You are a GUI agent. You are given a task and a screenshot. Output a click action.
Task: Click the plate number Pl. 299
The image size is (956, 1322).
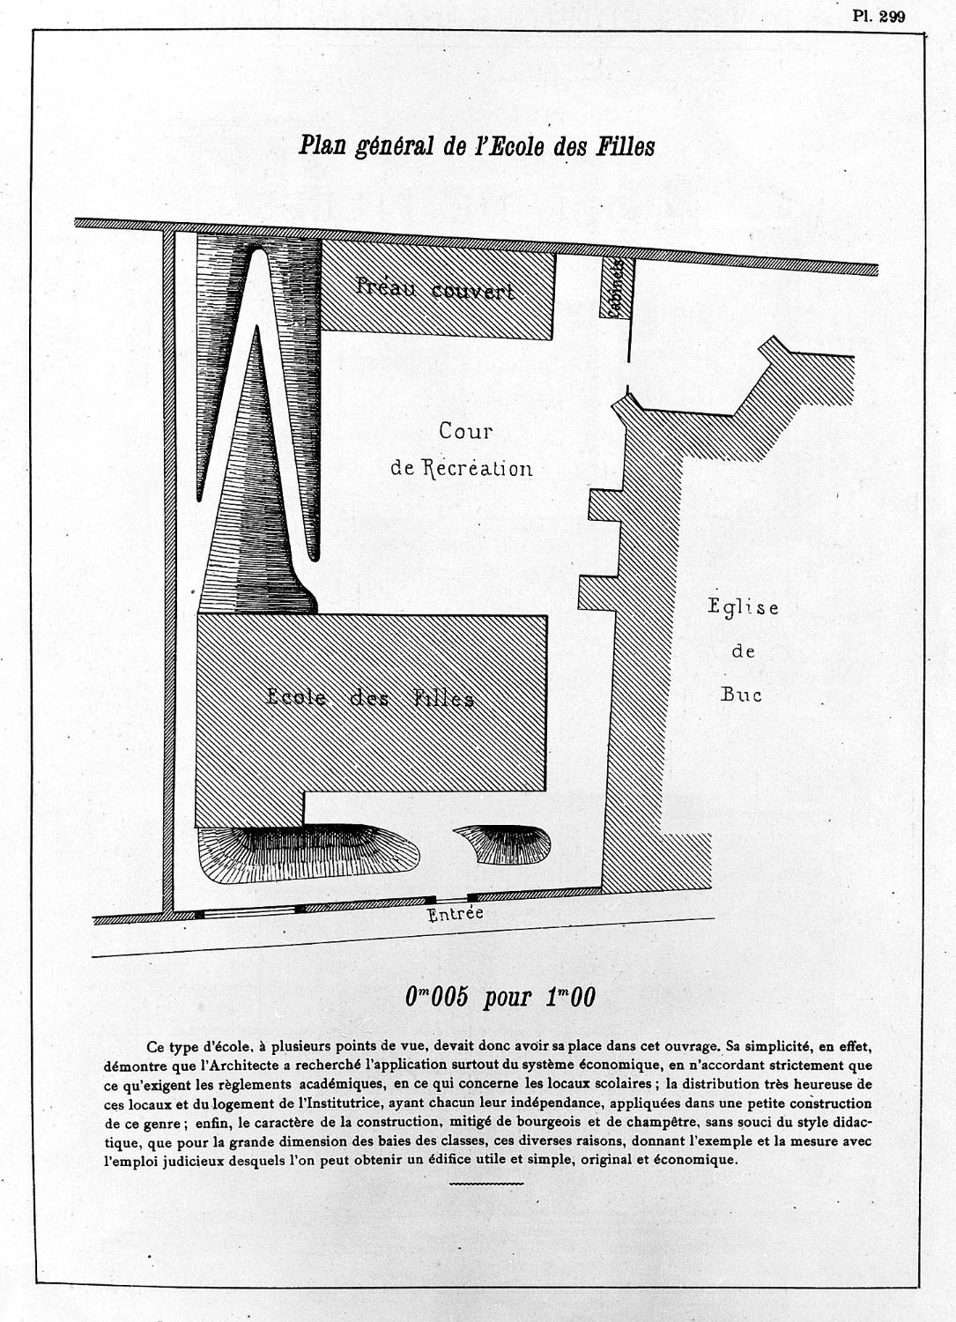pos(878,17)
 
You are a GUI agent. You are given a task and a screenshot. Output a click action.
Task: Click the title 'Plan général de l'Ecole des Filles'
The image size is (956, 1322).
pos(477,145)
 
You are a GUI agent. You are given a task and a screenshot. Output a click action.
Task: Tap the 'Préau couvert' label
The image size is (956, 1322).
pos(435,289)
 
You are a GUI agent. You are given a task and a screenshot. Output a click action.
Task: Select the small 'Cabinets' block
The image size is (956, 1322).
pos(616,288)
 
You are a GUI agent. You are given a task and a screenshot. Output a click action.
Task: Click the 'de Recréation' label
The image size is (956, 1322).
pos(462,468)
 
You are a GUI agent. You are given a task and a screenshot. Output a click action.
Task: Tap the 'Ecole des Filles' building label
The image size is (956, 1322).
pos(370,698)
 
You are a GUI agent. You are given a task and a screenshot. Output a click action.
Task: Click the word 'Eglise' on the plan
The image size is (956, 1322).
pos(743,608)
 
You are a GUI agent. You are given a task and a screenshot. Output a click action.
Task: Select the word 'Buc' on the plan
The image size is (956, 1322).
pos(741,694)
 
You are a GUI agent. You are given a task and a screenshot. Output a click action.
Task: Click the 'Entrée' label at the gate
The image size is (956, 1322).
pos(455,914)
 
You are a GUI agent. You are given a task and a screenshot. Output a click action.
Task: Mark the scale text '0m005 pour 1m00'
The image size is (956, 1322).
pos(500,997)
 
